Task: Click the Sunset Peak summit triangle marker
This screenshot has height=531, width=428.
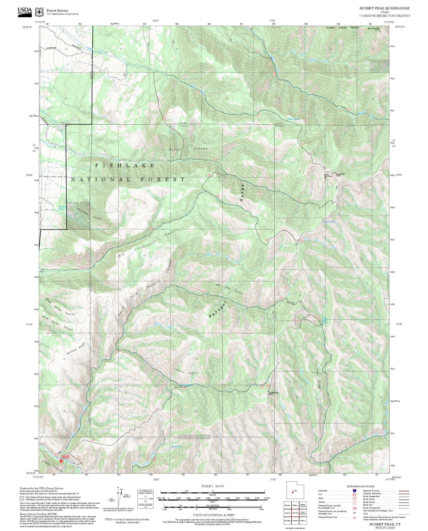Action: tap(335, 173)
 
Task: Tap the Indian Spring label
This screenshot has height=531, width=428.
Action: tap(329, 222)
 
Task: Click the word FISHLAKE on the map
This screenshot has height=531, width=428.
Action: tap(125, 165)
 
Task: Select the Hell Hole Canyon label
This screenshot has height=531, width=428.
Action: tap(230, 289)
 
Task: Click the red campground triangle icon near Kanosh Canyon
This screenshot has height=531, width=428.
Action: tap(61, 461)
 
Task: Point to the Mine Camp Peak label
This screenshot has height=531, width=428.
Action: tap(373, 29)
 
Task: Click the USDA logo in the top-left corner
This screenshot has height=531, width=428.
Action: tap(25, 11)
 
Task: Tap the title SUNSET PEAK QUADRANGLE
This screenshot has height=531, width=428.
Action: tap(384, 8)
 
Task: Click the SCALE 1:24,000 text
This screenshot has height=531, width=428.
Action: tap(213, 486)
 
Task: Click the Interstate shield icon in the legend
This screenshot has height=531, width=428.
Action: tap(354, 491)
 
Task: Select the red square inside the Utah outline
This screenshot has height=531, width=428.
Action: tap(292, 492)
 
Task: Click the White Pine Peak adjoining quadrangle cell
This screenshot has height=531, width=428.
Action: tap(303, 513)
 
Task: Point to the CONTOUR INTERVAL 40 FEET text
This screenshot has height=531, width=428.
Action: tap(214, 515)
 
